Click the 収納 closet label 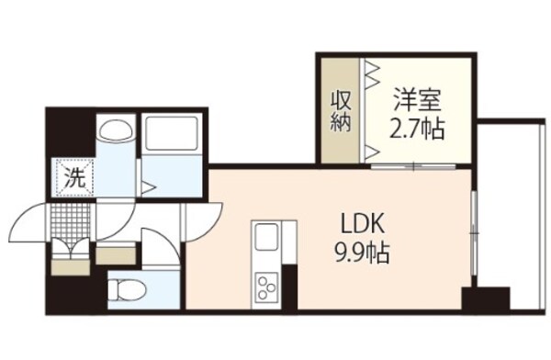click(342, 110)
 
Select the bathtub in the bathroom click(174, 138)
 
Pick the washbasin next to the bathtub click(116, 131)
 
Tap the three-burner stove click(267, 287)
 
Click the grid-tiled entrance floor click(71, 220)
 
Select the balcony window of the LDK click(474, 234)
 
